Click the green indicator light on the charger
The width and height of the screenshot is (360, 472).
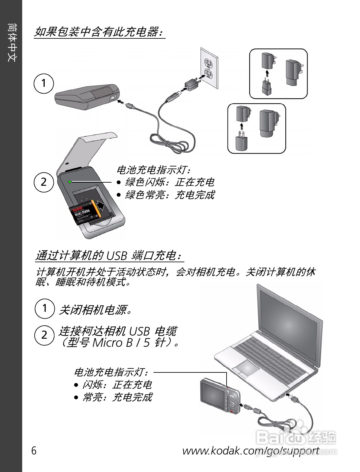70,181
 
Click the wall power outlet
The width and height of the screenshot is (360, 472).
209,68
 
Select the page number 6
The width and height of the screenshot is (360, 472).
34,451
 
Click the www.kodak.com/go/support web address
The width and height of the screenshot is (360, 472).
251,451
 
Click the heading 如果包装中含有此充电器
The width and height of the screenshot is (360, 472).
99,32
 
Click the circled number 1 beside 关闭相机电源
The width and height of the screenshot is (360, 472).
44,308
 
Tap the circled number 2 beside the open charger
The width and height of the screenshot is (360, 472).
44,182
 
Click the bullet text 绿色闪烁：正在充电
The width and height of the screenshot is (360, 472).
169,182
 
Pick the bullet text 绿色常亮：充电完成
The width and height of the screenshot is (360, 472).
169,195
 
